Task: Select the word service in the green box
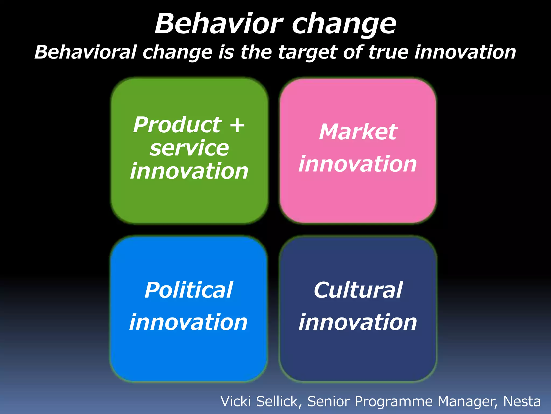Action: tap(189, 149)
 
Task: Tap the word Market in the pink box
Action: tap(358, 132)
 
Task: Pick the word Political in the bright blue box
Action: tap(189, 290)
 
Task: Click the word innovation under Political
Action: tap(189, 322)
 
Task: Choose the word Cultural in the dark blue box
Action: tap(358, 290)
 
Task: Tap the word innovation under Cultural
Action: tap(358, 322)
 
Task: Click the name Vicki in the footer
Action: tap(236, 401)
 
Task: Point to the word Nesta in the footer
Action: tap(522, 401)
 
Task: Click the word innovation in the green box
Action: tap(189, 171)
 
